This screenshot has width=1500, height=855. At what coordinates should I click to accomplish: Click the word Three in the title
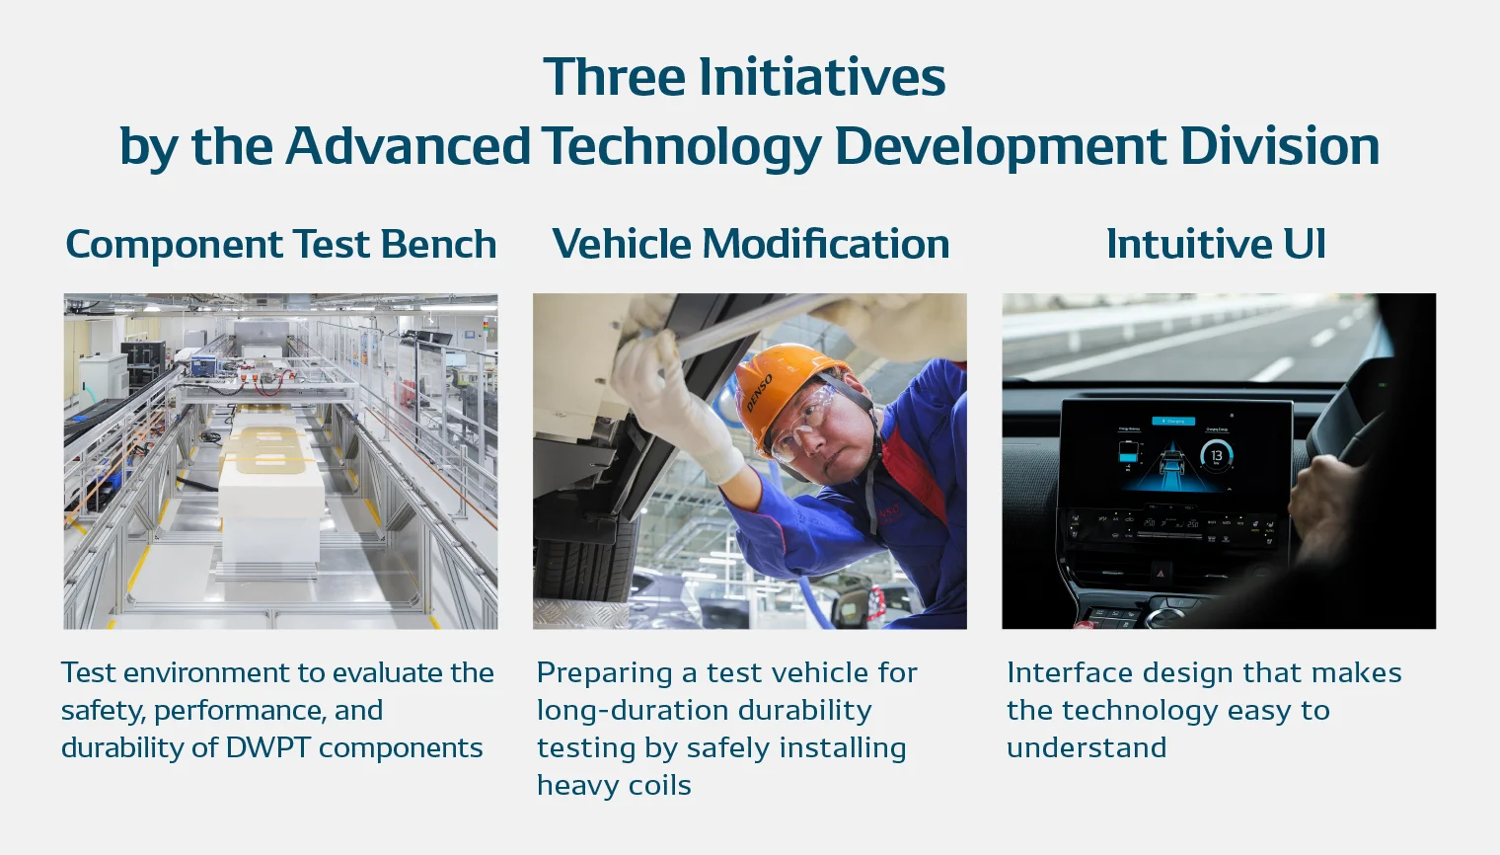pos(615,77)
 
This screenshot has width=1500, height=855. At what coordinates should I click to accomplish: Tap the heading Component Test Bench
pos(280,244)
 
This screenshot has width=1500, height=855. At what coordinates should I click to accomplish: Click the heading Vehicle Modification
pos(750,244)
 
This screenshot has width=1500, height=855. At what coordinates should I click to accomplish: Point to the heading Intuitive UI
pos(1216,244)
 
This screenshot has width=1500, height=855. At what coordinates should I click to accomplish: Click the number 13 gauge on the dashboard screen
pos(1217,455)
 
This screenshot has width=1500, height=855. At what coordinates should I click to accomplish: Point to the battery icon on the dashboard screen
pos(1128,452)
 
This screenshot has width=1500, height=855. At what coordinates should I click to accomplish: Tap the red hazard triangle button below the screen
pos(1161,572)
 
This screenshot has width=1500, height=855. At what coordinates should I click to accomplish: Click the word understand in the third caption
pos(1086,748)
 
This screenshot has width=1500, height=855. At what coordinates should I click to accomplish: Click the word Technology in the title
pos(681,146)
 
